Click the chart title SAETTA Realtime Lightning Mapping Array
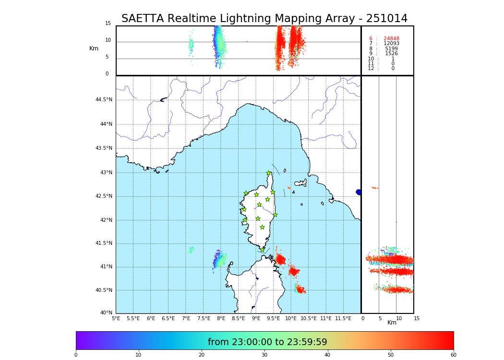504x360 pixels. [x=264, y=19]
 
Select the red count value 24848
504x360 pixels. [x=391, y=39]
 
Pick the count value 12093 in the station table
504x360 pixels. [x=391, y=44]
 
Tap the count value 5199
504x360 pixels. [x=391, y=49]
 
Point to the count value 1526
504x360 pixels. [x=391, y=54]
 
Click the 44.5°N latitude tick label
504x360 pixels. [x=104, y=100]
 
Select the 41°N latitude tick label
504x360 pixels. [x=105, y=267]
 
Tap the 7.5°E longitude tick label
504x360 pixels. [x=204, y=318]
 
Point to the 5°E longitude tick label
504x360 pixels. [x=116, y=318]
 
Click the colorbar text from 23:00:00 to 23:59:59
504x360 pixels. [x=267, y=342]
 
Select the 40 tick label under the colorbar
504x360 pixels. [x=327, y=355]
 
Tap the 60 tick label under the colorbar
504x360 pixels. [x=453, y=355]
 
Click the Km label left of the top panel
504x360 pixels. [x=94, y=48]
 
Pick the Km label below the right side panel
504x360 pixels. [x=392, y=323]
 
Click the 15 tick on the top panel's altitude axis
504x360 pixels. [x=108, y=24]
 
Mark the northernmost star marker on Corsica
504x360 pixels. [x=269, y=173]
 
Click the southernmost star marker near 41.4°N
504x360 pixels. [x=262, y=250]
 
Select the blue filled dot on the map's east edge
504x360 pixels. [x=359, y=192]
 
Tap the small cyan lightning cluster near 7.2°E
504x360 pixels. [x=191, y=250]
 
